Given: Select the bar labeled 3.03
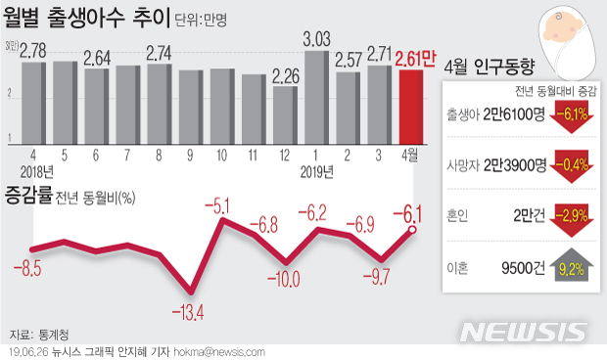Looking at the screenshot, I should pyautogui.click(x=316, y=96).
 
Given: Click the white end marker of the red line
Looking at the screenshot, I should pyautogui.click(x=412, y=230).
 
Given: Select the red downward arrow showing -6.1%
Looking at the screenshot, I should pyautogui.click(x=570, y=116).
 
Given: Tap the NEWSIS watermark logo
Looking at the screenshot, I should pyautogui.click(x=524, y=331).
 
